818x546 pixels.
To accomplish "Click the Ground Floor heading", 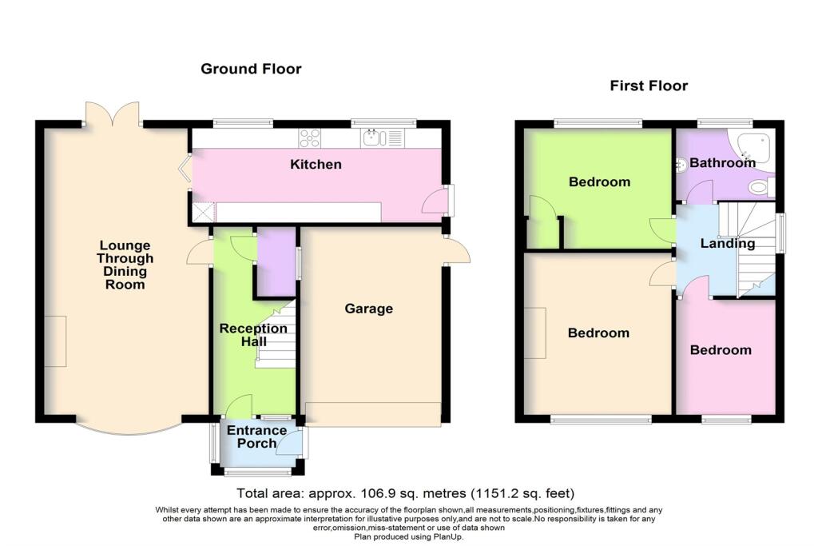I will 251,69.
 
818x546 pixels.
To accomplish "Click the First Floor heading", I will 649,86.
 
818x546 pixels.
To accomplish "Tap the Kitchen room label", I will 316,165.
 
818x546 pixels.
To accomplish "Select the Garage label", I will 369,309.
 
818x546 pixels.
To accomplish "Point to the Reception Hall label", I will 253,335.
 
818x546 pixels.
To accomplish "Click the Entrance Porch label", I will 257,437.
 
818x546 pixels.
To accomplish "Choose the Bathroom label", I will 722,163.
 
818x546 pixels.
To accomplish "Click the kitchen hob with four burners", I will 309,138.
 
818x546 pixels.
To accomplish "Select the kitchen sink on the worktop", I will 371,138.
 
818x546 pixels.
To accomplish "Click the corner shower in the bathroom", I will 756,147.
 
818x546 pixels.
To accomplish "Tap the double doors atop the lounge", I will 113,114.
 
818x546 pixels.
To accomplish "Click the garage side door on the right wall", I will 456,251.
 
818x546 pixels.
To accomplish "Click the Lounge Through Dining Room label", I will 125,265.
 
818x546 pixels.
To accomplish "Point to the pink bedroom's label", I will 721,350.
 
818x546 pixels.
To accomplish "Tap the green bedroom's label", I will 599,181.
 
